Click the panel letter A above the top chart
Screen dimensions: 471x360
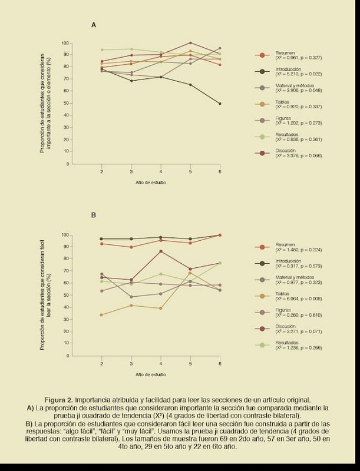point(94,25)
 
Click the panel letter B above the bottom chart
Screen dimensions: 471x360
point(94,215)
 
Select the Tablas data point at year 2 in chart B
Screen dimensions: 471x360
point(101,315)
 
